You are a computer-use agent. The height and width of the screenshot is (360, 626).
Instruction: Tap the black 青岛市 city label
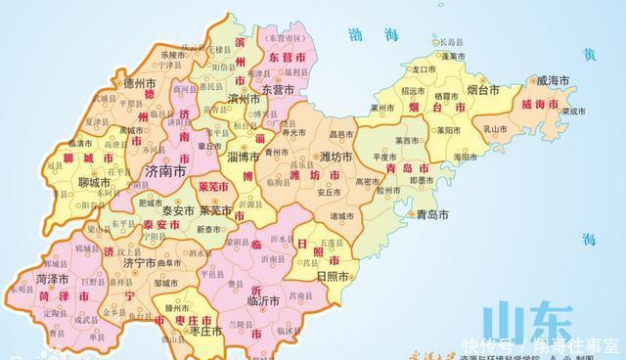(x=429, y=213)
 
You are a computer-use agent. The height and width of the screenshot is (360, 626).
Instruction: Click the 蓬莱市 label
(x=452, y=57)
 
